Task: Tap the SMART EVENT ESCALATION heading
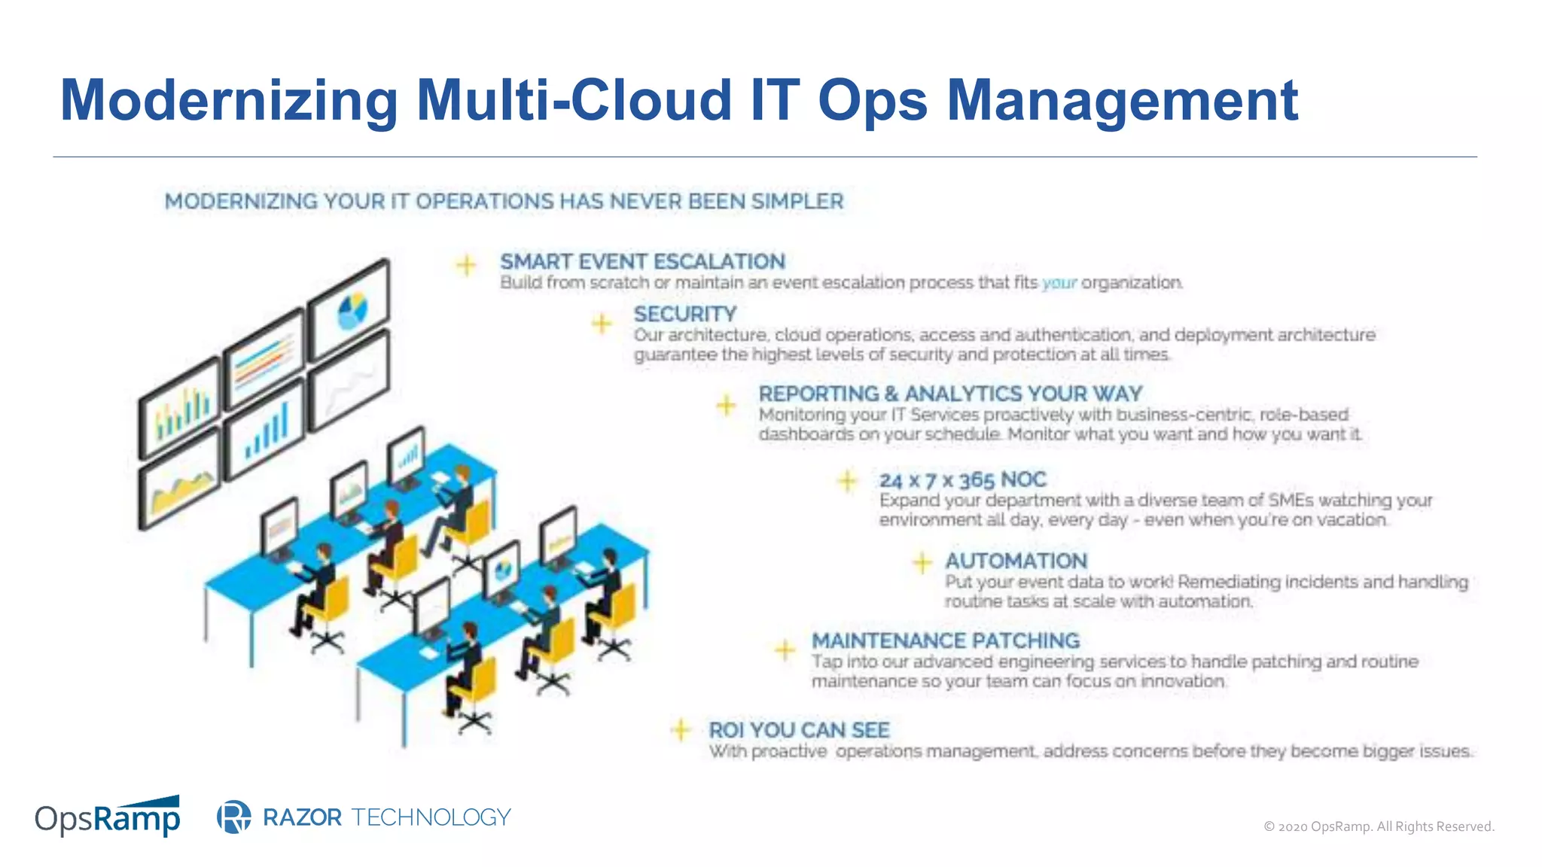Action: point(642,261)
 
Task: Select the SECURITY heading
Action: point(684,314)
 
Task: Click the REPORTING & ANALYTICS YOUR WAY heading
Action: point(950,394)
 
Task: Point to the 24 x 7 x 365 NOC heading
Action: point(962,479)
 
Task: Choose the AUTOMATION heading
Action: point(1016,561)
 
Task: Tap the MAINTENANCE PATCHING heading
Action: point(945,640)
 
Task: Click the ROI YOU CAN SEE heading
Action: point(799,730)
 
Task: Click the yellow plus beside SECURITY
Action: point(602,324)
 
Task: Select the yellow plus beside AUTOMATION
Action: point(922,562)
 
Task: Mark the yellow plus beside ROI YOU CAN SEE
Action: point(681,729)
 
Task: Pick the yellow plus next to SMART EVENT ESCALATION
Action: point(466,265)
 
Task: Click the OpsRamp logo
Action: point(108,817)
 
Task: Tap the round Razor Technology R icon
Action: point(233,817)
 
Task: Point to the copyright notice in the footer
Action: point(1378,826)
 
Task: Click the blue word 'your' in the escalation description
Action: point(1059,283)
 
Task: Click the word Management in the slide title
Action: point(1122,100)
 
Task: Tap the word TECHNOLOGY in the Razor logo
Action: point(431,817)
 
